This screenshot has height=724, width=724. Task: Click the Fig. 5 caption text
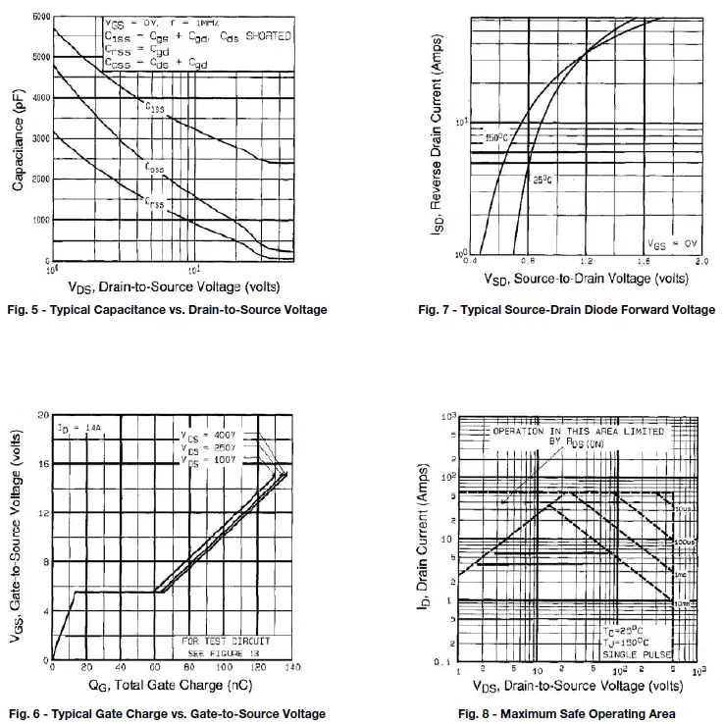[x=167, y=310]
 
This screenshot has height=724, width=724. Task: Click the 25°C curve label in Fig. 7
[x=543, y=179]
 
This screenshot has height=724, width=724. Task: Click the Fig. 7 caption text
[x=567, y=310]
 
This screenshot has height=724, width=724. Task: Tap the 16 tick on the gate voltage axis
[x=43, y=464]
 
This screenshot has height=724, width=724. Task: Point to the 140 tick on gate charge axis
[x=291, y=667]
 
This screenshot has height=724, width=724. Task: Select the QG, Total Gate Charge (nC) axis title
[x=172, y=685]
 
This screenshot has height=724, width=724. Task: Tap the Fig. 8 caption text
[x=569, y=713]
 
